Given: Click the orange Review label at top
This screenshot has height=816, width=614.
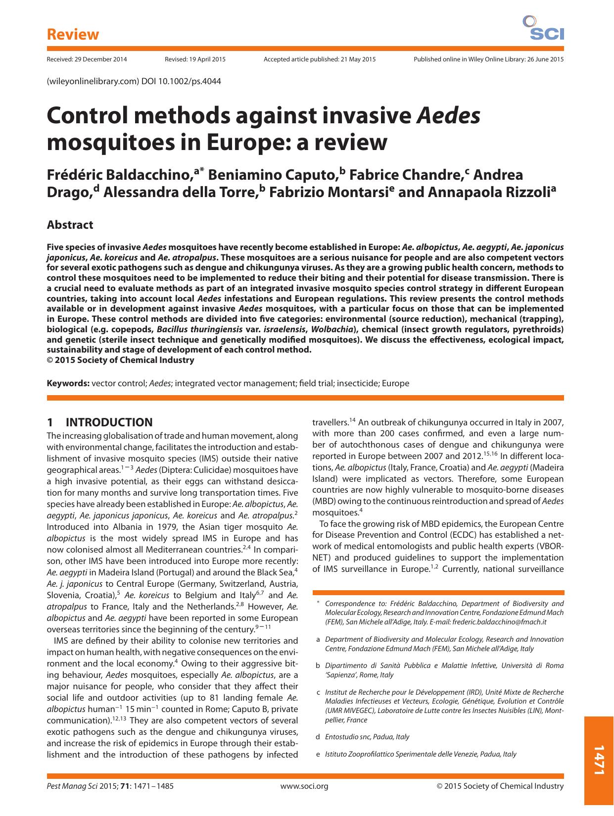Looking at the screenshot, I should point(73,35).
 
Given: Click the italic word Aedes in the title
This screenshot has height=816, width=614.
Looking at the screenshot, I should point(449,116).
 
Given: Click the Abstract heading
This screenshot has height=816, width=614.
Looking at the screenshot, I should point(70,225).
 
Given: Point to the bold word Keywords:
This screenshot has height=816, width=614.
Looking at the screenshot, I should point(68,383).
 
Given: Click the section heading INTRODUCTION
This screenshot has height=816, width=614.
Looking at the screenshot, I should point(109,422).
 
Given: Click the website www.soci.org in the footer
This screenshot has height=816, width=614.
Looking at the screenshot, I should point(304,786).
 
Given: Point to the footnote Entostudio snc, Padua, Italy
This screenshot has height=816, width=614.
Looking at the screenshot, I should point(367,737).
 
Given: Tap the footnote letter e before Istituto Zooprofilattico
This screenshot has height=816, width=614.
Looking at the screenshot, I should point(318,754).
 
